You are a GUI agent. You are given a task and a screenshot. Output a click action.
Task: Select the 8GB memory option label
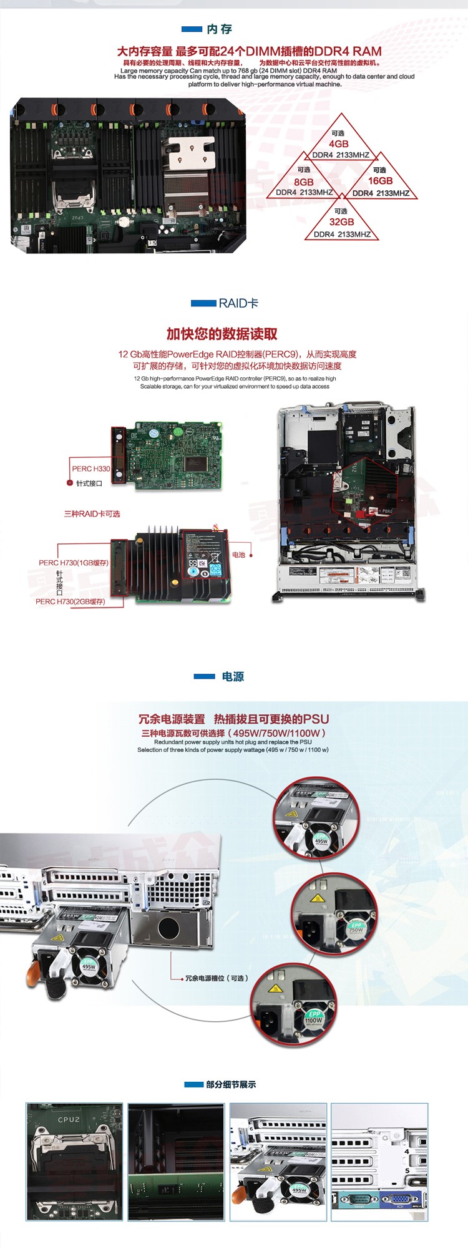pos(304,182)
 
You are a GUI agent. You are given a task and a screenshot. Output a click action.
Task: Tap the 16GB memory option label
pos(380,181)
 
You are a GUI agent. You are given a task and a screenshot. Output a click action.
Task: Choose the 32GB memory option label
pos(342,222)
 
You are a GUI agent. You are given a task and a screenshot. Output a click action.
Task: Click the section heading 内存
pos(219,29)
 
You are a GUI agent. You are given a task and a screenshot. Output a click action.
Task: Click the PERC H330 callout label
pos(90,469)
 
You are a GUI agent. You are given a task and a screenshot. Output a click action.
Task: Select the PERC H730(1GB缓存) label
pos(74,563)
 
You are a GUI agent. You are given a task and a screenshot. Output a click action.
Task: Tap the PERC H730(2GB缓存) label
pos(71,601)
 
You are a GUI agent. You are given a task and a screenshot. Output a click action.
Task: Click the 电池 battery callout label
pos(239,555)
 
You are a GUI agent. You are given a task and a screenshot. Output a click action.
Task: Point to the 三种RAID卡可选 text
pos(92,514)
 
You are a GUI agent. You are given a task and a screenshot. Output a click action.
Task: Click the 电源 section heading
pos(233,677)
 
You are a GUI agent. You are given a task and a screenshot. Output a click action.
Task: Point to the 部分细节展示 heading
pos(231,1084)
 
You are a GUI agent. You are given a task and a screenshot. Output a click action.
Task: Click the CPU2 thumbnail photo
pos(74,1161)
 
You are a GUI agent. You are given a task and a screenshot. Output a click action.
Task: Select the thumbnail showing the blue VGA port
pos(379,1161)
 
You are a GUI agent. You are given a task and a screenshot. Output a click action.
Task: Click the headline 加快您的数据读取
pos(222,334)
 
